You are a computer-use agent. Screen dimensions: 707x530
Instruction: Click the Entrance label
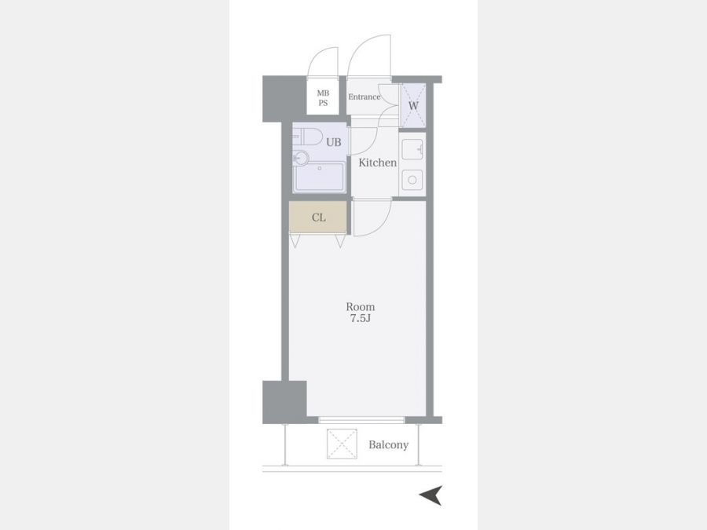pos(364,97)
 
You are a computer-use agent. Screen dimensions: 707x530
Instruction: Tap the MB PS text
pos(323,98)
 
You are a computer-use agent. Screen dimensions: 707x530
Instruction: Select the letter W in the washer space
pos(413,106)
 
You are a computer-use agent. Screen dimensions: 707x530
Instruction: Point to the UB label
pos(334,142)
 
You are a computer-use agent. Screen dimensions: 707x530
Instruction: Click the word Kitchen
pos(377,163)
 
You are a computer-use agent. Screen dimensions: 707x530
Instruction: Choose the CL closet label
pos(319,217)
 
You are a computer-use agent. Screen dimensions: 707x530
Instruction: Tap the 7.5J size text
pos(361,319)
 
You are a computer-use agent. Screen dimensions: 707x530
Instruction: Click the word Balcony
pos(389,445)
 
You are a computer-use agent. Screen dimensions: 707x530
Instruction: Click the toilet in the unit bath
pos(306,137)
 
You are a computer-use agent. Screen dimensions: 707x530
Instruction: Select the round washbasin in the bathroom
pos(301,158)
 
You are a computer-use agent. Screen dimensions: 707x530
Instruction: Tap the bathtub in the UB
pos(319,177)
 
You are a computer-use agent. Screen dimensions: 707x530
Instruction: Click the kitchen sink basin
pos(412,150)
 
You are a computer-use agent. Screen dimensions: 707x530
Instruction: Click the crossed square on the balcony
pos(342,444)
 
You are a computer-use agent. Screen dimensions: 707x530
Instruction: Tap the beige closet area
pos(318,217)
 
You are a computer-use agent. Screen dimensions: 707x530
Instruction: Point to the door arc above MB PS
pos(321,56)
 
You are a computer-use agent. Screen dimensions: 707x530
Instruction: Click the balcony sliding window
pos(361,420)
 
